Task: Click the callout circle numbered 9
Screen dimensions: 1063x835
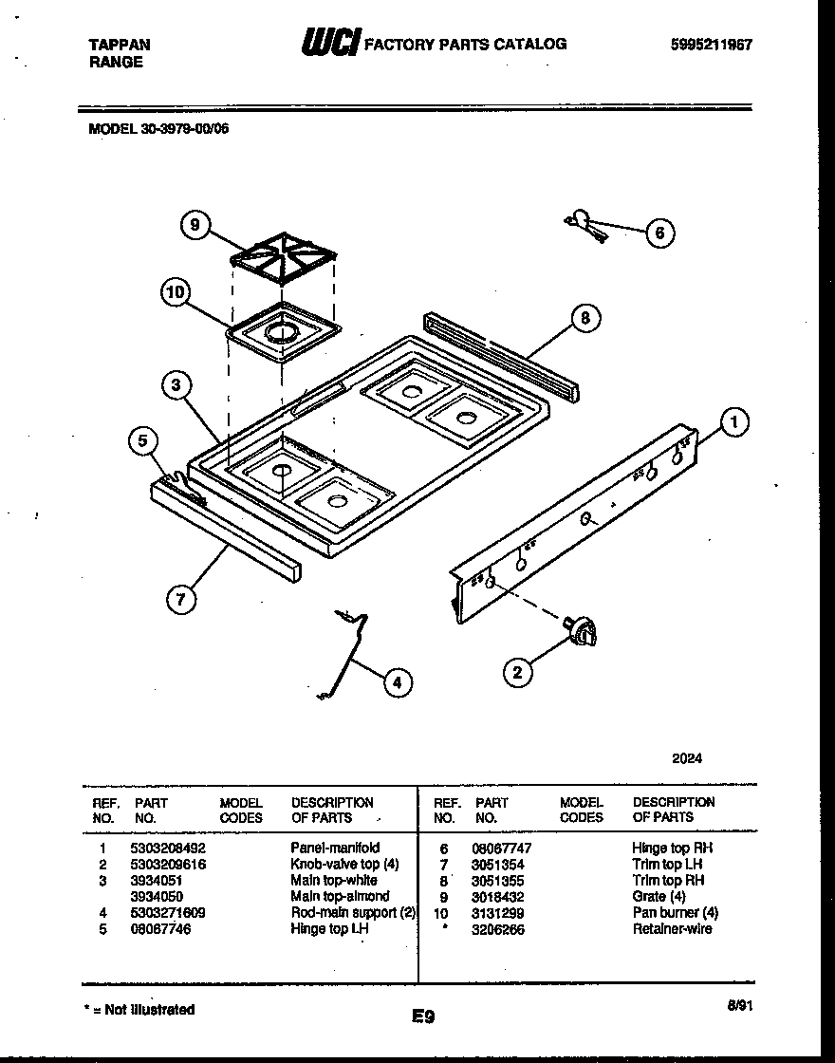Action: coord(195,225)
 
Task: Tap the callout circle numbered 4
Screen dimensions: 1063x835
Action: coord(398,681)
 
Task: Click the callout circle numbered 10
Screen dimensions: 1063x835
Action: coord(175,292)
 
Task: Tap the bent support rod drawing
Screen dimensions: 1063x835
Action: coord(346,655)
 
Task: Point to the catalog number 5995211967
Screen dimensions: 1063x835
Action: coord(711,45)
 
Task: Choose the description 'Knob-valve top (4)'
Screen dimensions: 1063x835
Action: coord(344,864)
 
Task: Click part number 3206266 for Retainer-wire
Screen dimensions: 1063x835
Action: coord(497,929)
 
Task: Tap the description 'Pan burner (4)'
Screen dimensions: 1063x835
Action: coord(675,913)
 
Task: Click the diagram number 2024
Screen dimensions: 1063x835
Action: coord(687,758)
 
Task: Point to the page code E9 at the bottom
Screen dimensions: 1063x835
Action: coord(423,1016)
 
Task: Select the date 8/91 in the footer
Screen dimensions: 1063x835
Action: coord(735,1004)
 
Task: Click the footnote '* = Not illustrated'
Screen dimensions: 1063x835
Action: coord(139,1010)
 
